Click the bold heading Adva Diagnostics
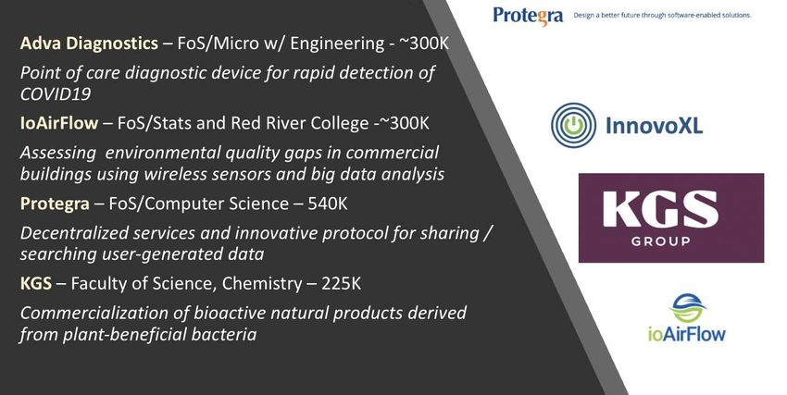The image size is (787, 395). (x=89, y=43)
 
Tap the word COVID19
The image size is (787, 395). (x=56, y=93)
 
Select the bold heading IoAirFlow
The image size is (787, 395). (x=59, y=123)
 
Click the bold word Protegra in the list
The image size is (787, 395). (x=55, y=204)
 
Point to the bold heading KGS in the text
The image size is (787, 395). (x=36, y=284)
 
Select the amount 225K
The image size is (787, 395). (x=341, y=284)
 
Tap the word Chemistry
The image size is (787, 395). (x=262, y=284)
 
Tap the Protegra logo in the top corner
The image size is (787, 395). (x=528, y=16)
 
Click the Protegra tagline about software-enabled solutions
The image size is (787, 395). (x=662, y=15)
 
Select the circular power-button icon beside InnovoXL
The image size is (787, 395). (x=574, y=125)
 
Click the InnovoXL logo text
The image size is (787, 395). (x=654, y=125)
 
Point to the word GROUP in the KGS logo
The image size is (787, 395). (x=660, y=241)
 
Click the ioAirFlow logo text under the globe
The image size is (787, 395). (x=687, y=333)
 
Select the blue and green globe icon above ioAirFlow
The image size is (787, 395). (x=688, y=308)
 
